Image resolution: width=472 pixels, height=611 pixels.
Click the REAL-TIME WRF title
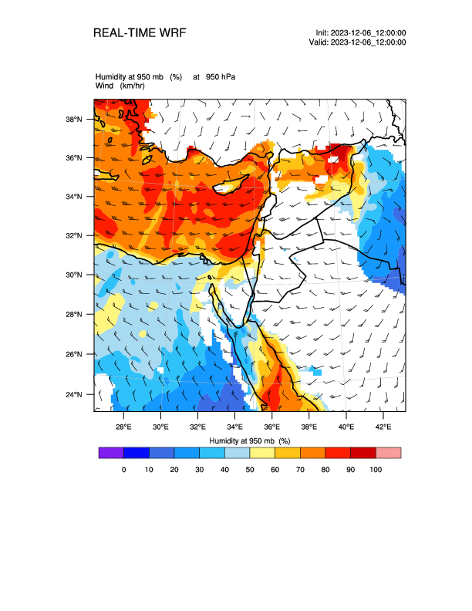pos(139,33)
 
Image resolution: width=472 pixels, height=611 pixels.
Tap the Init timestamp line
pos(361,32)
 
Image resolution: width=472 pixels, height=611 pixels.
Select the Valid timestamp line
pos(357,42)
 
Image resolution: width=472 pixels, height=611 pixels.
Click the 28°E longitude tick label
pos(123,427)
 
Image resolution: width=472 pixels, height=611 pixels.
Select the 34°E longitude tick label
pos(234,427)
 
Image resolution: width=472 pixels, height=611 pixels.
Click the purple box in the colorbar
pos(111,453)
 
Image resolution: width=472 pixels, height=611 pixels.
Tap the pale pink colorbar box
pos(388,453)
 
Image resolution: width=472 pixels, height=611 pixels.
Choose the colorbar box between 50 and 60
pos(262,453)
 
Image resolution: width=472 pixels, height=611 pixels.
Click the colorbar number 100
pos(376,469)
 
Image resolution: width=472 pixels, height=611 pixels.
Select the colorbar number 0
pos(123,469)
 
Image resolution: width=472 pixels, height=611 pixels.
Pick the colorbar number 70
pos(300,469)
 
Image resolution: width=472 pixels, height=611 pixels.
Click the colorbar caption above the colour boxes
pos(249,441)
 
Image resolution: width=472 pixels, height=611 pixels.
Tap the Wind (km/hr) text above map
pos(120,85)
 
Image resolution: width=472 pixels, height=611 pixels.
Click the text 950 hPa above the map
pos(221,76)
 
